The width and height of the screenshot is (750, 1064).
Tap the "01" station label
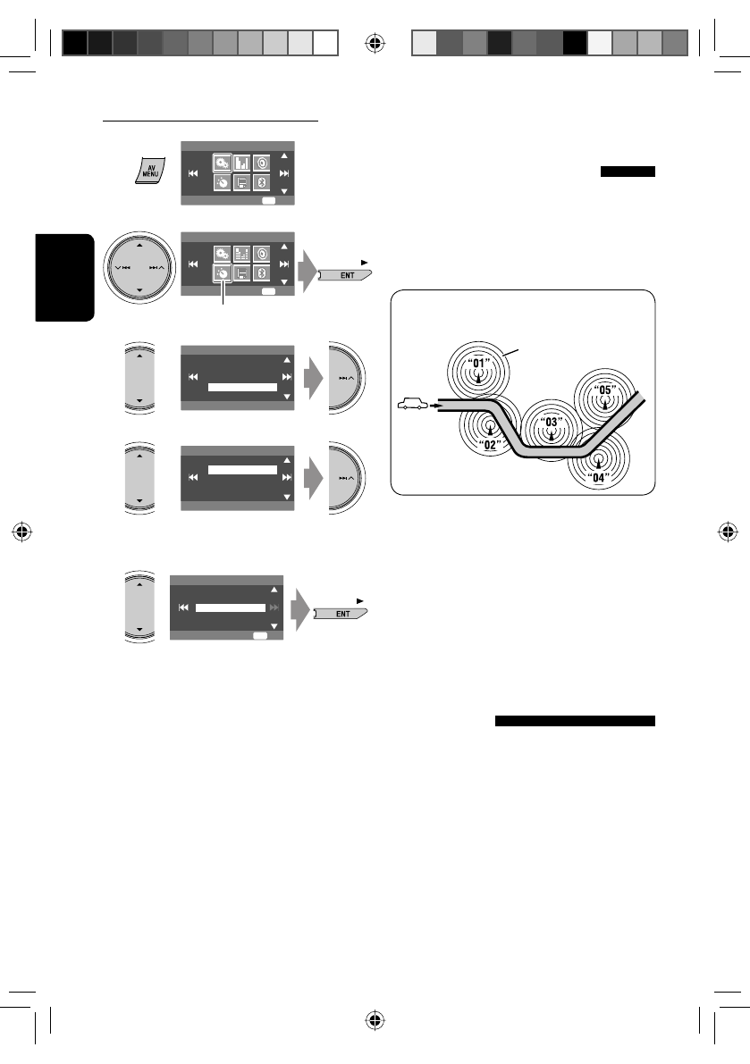point(482,364)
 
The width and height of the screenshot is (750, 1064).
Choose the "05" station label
point(606,390)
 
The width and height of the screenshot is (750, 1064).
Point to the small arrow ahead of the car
point(435,406)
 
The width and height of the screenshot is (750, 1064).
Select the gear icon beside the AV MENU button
point(220,163)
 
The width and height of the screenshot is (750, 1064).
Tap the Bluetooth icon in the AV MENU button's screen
point(262,183)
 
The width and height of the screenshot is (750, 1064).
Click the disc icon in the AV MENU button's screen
point(262,163)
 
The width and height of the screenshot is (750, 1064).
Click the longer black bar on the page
point(575,722)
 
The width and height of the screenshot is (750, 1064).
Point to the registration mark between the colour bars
point(375,42)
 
